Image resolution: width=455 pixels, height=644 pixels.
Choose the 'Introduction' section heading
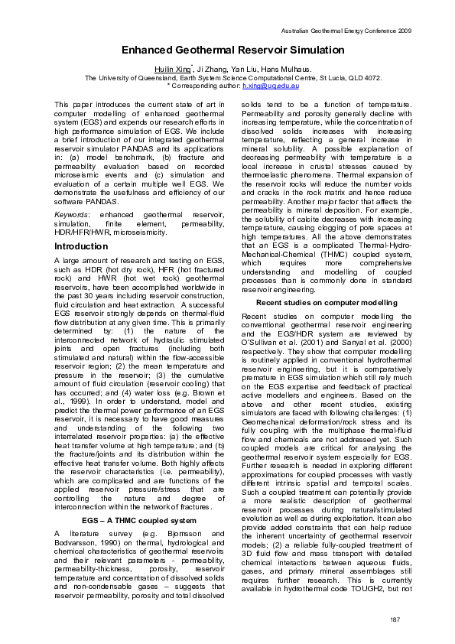point(81,247)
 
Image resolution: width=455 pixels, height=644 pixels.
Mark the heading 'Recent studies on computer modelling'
point(327,303)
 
